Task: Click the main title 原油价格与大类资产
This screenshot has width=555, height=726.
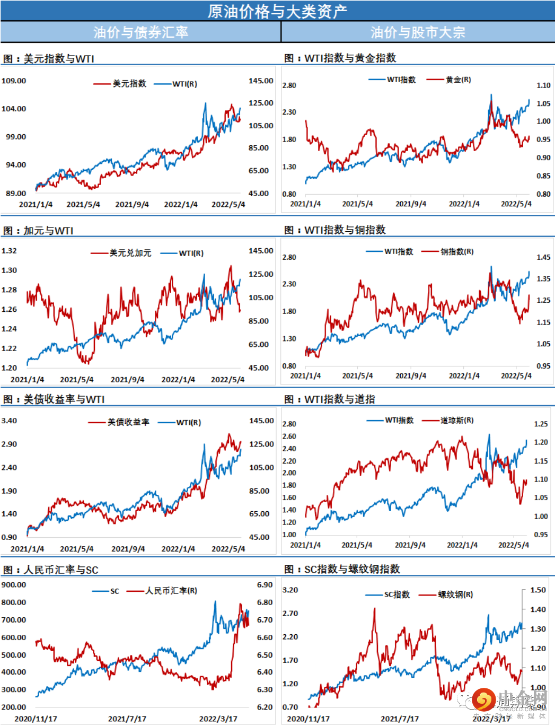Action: pyautogui.click(x=277, y=11)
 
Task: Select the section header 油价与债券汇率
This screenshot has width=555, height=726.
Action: pyautogui.click(x=140, y=32)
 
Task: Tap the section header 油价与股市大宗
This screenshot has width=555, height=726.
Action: pyautogui.click(x=418, y=32)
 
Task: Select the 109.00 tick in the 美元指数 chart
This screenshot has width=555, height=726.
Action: pyautogui.click(x=14, y=81)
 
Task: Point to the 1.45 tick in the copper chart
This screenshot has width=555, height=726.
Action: pyautogui.click(x=543, y=257)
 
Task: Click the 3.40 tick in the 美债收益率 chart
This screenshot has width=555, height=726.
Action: pyautogui.click(x=10, y=421)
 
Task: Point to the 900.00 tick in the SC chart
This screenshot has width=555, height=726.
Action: pyautogui.click(x=14, y=584)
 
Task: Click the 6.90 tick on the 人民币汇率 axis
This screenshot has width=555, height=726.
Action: pyautogui.click(x=265, y=584)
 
